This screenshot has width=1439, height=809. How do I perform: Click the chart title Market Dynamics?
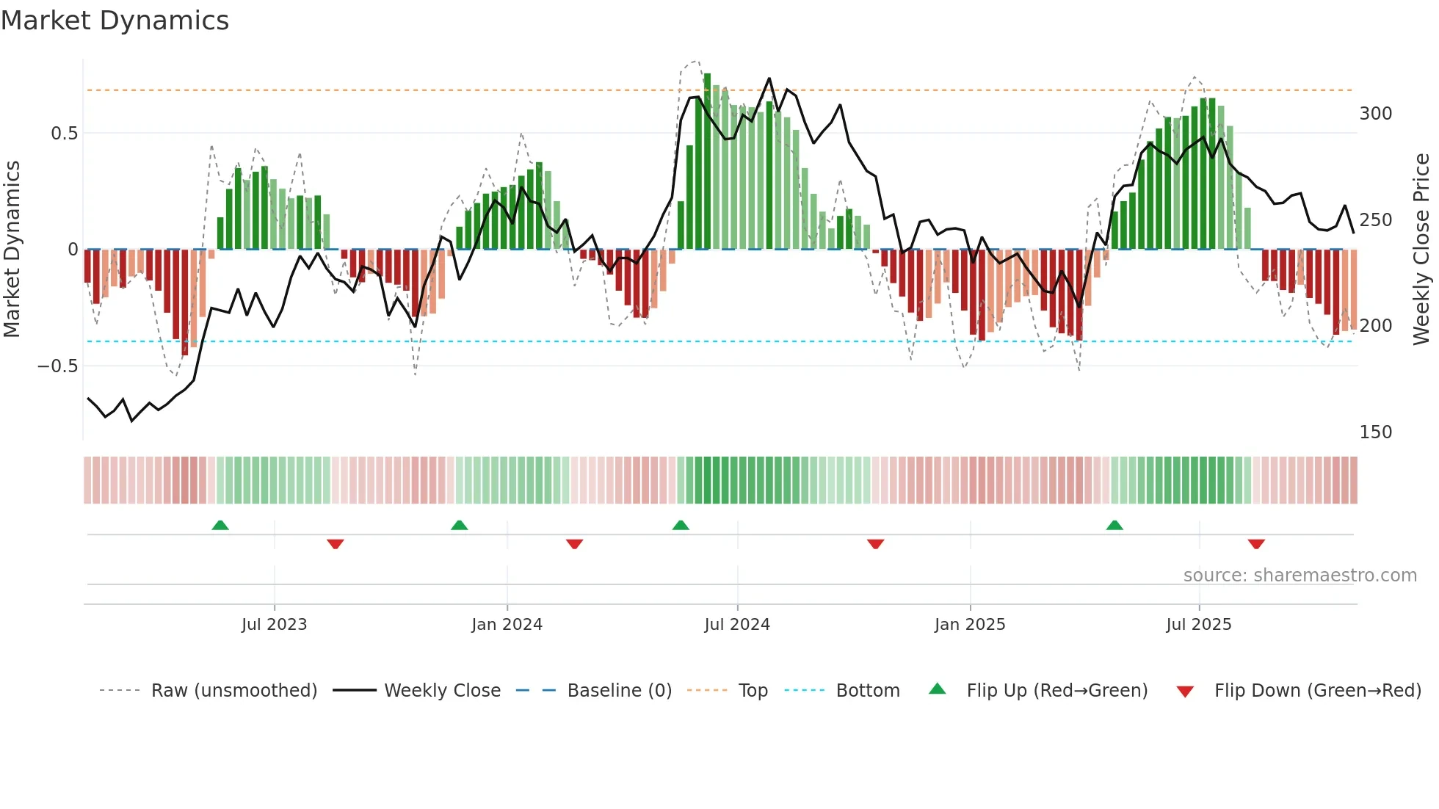[x=115, y=21]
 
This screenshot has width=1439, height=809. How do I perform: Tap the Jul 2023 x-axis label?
[x=274, y=625]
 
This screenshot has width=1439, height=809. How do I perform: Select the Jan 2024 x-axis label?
[x=507, y=625]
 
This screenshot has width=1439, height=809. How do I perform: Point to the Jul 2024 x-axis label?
[x=737, y=625]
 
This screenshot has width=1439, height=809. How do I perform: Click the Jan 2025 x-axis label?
[x=970, y=625]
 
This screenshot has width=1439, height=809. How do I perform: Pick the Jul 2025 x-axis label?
[x=1199, y=625]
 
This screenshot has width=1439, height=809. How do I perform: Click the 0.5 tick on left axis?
[x=64, y=134]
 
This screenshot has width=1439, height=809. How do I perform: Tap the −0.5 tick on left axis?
[x=58, y=366]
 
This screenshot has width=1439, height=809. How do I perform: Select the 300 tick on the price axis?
[x=1375, y=114]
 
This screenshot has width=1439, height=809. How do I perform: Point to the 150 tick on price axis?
[x=1375, y=432]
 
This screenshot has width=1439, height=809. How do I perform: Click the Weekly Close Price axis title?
[x=1421, y=250]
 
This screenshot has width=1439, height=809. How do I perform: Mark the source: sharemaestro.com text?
[x=1300, y=576]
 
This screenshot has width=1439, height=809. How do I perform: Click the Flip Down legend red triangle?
[x=1184, y=692]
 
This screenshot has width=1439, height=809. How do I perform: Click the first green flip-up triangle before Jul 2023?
[x=220, y=525]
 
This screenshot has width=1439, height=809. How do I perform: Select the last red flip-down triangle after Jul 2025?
[x=1256, y=544]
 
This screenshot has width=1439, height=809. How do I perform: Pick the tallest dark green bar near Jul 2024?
[x=707, y=162]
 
